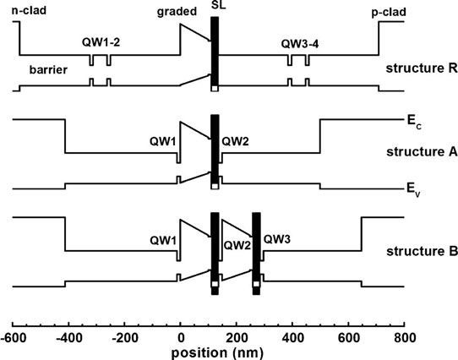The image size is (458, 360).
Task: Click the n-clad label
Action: coord(29,11)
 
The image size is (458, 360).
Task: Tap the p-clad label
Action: coord(389,13)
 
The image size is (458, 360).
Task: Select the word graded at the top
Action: coord(177,13)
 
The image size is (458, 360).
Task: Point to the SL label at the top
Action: coord(218,5)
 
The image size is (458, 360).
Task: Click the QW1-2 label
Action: coord(101,42)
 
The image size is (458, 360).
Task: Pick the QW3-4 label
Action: coord(300,44)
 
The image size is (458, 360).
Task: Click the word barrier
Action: coord(48,70)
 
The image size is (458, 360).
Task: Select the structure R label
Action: coord(422,68)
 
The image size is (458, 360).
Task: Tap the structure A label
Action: coord(422,152)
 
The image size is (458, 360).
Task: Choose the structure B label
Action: coord(422,251)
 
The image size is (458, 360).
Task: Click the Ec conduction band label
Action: coord(414,122)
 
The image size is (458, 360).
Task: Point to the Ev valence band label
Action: coord(413,189)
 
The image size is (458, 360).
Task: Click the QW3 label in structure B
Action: coord(277,239)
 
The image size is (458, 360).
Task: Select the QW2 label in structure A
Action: coord(235,142)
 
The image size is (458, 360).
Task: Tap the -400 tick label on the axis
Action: coord(68,338)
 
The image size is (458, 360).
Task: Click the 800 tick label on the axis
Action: coord(405,338)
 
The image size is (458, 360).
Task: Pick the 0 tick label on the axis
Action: coord(181,338)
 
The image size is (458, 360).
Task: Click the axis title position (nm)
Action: coord(217,353)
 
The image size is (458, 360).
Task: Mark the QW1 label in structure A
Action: coord(163,142)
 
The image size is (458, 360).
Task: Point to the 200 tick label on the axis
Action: coord(237,338)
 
